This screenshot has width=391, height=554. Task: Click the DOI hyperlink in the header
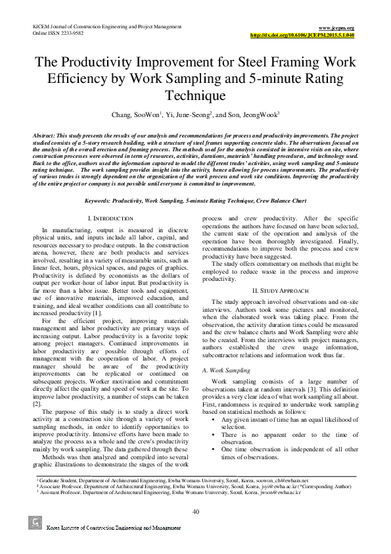pos(303,34)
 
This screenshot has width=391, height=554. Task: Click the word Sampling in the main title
pos(262,80)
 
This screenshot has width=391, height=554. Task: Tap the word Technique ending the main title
pos(195,96)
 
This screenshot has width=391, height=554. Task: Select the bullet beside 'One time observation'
pos(214,449)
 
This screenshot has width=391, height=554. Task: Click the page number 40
pos(195,512)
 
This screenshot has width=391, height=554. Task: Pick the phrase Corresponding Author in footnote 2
pos(326,486)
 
